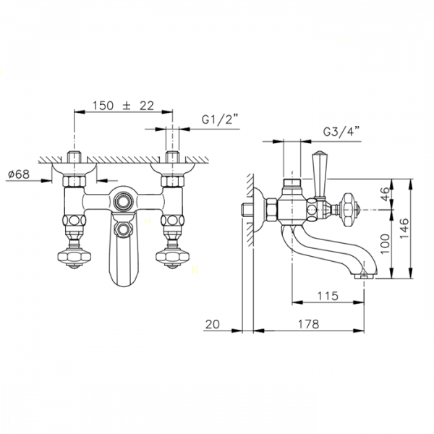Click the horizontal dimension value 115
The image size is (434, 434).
328,296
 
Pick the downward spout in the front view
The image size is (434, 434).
122,260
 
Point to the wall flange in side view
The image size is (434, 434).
255,210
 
